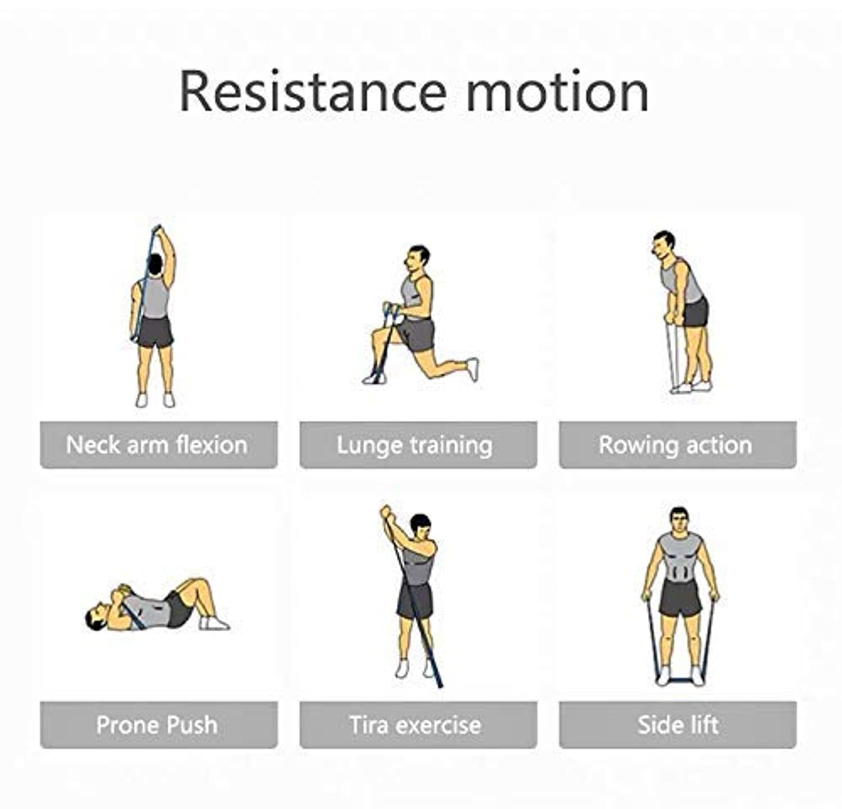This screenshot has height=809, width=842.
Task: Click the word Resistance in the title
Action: (x=313, y=91)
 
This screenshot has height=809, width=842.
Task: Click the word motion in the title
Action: (x=557, y=92)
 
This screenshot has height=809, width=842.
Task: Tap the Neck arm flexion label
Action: (x=157, y=445)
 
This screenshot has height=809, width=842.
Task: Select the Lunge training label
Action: (x=415, y=446)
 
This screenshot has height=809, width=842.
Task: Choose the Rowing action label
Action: (x=675, y=445)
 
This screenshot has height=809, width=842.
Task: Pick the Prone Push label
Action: (x=157, y=725)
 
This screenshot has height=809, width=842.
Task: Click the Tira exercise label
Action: (x=415, y=725)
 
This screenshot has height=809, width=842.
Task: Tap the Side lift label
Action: (x=678, y=725)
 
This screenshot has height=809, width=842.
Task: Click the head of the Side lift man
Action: (x=679, y=521)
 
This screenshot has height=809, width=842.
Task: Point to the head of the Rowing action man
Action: (x=663, y=245)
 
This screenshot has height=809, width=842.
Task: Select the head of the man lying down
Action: (x=97, y=617)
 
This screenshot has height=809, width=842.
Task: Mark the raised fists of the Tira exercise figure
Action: (x=386, y=513)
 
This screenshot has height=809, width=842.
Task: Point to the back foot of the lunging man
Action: (x=473, y=369)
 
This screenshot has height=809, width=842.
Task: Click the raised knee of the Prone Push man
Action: (x=196, y=584)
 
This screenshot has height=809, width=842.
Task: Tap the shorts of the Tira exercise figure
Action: (x=415, y=601)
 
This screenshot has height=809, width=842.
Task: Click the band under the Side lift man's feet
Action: (x=680, y=681)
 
